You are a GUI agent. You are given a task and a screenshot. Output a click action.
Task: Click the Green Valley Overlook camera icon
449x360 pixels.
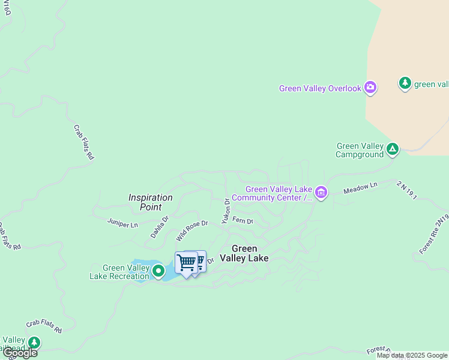tap(370, 88)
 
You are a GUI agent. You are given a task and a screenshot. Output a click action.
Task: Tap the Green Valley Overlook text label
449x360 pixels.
tap(320, 89)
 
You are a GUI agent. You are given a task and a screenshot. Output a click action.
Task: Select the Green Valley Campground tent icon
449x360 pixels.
tap(392, 148)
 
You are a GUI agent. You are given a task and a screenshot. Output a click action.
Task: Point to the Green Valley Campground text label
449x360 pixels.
tap(360, 150)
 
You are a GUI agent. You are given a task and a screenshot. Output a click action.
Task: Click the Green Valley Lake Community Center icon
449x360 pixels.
tap(322, 193)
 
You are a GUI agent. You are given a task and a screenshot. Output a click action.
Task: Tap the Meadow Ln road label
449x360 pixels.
tap(360, 188)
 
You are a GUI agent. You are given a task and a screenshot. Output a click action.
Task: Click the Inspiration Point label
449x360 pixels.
tap(150, 202)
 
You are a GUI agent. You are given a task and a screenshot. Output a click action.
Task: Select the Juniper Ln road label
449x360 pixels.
tap(122, 224)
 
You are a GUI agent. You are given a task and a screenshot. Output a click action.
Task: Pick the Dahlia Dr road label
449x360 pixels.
tap(160, 227)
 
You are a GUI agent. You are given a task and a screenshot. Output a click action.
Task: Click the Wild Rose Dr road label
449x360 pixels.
tap(191, 231)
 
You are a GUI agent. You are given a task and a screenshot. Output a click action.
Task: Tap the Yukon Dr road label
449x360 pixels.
tap(226, 211)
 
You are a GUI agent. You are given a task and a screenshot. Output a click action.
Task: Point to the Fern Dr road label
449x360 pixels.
tap(243, 221)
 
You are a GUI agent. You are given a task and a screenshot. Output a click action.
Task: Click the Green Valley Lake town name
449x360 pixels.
tap(244, 253)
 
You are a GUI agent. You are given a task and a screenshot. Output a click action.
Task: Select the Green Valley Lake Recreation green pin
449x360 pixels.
tap(158, 271)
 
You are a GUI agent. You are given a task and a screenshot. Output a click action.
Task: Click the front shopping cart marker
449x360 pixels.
tap(187, 263)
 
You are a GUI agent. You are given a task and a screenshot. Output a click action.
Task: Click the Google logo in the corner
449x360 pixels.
tap(19, 353)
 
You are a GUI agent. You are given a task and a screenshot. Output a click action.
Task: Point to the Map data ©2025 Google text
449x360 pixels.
tap(412, 355)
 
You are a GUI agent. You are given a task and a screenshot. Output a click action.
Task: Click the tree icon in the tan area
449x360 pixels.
tap(405, 83)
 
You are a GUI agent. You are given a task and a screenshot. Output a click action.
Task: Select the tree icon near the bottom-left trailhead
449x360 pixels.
tap(34, 343)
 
